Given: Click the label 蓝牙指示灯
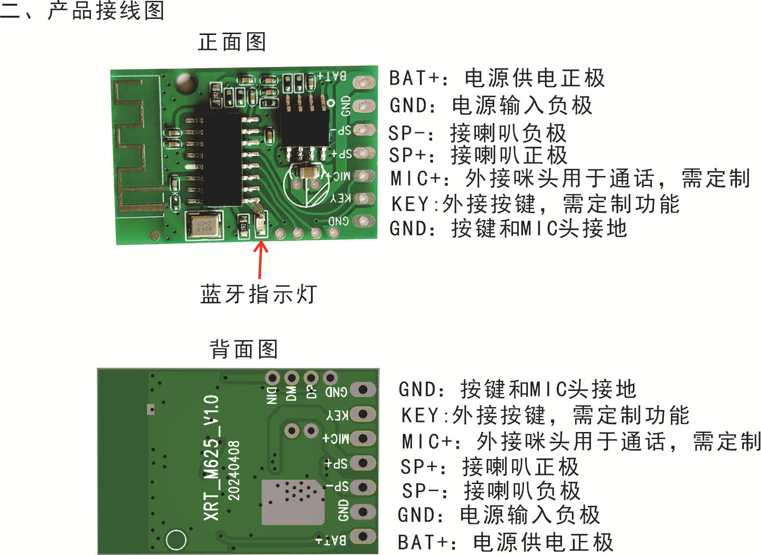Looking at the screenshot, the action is [258, 294].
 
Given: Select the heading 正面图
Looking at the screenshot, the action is [232, 42].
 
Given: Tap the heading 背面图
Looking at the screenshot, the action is [244, 349].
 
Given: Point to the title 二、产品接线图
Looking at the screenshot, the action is [83, 11].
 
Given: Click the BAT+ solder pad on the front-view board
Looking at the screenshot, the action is [364, 82].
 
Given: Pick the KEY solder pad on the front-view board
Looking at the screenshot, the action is [364, 198].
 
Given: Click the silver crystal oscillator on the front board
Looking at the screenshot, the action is [204, 225].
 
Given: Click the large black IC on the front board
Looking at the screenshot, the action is [222, 160].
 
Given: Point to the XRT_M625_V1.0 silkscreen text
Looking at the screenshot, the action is [212, 458].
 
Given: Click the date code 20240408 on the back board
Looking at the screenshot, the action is [234, 471].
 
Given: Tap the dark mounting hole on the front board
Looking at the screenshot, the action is [185, 83].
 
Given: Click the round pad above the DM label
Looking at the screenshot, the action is [292, 378].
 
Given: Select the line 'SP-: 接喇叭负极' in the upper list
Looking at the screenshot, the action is [478, 133].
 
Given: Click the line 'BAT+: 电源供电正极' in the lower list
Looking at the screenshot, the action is [506, 542].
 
